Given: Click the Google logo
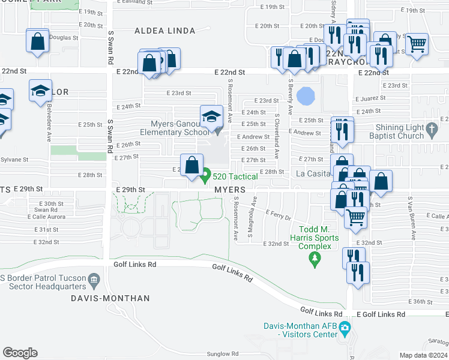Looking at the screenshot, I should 20,353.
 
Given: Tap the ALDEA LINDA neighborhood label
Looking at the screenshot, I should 156,31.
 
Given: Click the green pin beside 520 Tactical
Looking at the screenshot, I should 205,176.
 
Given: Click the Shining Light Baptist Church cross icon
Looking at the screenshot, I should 431,128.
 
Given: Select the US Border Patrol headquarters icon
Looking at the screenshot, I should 94,280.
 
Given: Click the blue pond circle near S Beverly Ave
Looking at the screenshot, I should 305,95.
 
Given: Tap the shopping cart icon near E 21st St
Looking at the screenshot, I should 417,43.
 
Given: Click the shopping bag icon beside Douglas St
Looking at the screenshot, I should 37,41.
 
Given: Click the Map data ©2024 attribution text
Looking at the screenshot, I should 423,355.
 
